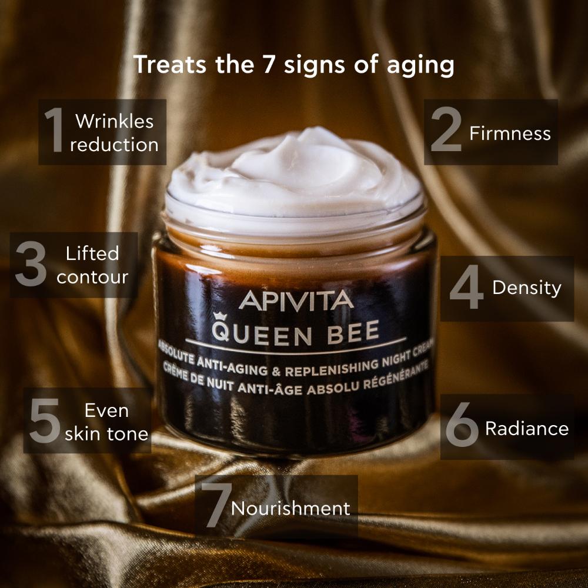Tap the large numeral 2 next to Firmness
pyautogui.click(x=446, y=129)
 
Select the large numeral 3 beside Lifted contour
pyautogui.click(x=31, y=264)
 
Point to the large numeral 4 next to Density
pyautogui.click(x=466, y=287)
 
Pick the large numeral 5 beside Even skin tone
pyautogui.click(x=45, y=420)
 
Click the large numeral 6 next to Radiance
pyautogui.click(x=462, y=424)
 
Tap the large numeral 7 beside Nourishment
pyautogui.click(x=216, y=505)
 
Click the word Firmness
pyautogui.click(x=510, y=133)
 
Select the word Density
pyautogui.click(x=527, y=288)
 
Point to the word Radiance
pyautogui.click(x=527, y=429)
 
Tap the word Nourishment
pyautogui.click(x=290, y=509)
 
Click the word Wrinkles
pyautogui.click(x=115, y=121)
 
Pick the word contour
pyautogui.click(x=92, y=278)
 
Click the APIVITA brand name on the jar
pyautogui.click(x=296, y=300)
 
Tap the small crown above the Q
pyautogui.click(x=220, y=316)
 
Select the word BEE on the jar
pyautogui.click(x=353, y=333)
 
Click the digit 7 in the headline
pyautogui.click(x=269, y=64)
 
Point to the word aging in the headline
pyautogui.click(x=420, y=66)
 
